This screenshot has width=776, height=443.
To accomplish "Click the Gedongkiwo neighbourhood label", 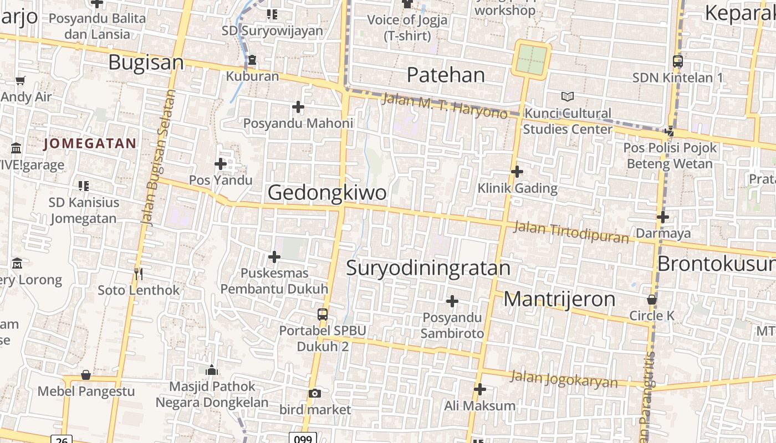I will [x=327, y=193].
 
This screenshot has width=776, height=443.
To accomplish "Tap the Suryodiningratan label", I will [x=428, y=267].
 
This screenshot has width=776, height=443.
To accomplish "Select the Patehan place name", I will [x=446, y=75].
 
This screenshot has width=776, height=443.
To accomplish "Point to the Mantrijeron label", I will [x=559, y=299].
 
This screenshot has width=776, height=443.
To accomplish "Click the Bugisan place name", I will [x=146, y=62].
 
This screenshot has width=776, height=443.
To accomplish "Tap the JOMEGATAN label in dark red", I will [x=90, y=144].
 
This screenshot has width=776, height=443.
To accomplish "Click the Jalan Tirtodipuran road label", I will [x=571, y=232].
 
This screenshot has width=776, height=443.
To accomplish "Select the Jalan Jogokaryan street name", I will [x=563, y=379].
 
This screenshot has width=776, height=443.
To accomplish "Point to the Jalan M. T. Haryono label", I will [x=445, y=105].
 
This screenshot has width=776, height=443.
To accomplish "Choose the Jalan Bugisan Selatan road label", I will [x=159, y=158].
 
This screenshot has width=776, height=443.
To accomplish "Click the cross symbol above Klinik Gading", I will [x=517, y=172].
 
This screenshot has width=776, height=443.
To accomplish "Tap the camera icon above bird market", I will [x=315, y=393].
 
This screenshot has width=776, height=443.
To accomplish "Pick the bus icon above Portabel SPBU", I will [x=323, y=315].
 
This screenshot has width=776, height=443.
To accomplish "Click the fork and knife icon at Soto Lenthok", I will [x=139, y=274].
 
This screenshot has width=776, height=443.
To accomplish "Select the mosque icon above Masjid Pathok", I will [x=211, y=370].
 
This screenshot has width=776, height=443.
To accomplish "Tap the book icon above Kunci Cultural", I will [x=567, y=97].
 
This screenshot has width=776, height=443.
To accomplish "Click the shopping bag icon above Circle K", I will [x=652, y=300].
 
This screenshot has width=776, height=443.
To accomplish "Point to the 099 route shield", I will [x=303, y=439].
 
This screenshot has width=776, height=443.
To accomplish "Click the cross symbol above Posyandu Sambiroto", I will [x=452, y=301].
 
